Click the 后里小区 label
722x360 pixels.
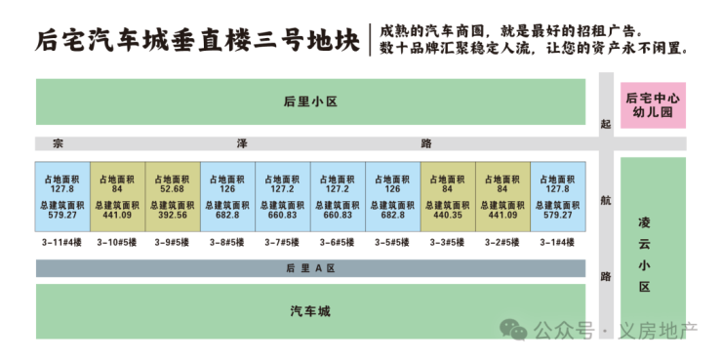(310, 101)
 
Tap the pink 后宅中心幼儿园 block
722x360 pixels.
(653, 105)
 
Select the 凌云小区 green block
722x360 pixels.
(653, 248)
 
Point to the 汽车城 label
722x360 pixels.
(310, 311)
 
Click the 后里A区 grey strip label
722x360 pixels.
(310, 268)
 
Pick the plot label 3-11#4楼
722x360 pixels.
(62, 243)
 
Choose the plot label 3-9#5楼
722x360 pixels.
(173, 243)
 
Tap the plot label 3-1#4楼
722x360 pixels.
(557, 243)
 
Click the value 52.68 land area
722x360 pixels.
(173, 189)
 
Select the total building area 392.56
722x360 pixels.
(173, 215)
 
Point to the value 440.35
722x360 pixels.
(447, 215)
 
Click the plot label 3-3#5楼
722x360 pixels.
(447, 243)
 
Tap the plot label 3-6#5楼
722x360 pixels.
(338, 243)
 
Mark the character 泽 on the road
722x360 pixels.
(242, 143)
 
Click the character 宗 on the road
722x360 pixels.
(58, 143)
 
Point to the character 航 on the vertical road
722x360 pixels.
(606, 200)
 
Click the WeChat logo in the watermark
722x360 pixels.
(514, 330)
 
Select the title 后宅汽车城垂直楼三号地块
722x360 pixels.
(197, 41)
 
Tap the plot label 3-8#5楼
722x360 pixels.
(227, 243)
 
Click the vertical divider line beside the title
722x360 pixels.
(370, 40)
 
